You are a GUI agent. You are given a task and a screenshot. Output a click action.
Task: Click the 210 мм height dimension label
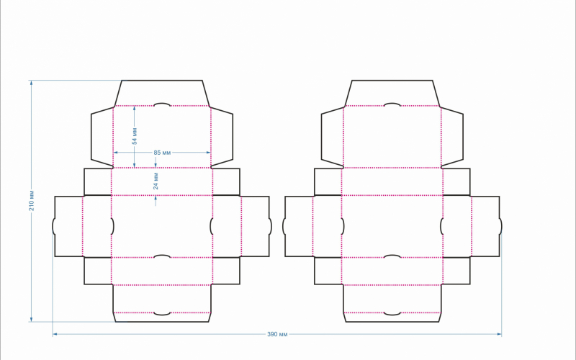(32, 201)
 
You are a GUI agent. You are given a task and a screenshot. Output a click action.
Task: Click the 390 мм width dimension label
(277, 334)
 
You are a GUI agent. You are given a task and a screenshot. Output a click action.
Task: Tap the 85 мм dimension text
(162, 153)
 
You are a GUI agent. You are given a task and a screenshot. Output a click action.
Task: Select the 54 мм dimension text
(135, 136)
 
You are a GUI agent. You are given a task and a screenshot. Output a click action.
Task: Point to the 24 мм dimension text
(156, 181)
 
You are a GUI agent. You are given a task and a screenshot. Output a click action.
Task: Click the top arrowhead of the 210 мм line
(31, 83)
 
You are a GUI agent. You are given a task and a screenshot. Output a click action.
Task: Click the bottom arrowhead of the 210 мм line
(31, 319)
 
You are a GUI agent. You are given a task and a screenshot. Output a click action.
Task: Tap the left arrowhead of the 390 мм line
(55, 334)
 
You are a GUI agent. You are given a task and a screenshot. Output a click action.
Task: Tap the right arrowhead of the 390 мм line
(499, 334)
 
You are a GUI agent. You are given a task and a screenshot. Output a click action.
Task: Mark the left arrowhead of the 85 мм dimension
(116, 153)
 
